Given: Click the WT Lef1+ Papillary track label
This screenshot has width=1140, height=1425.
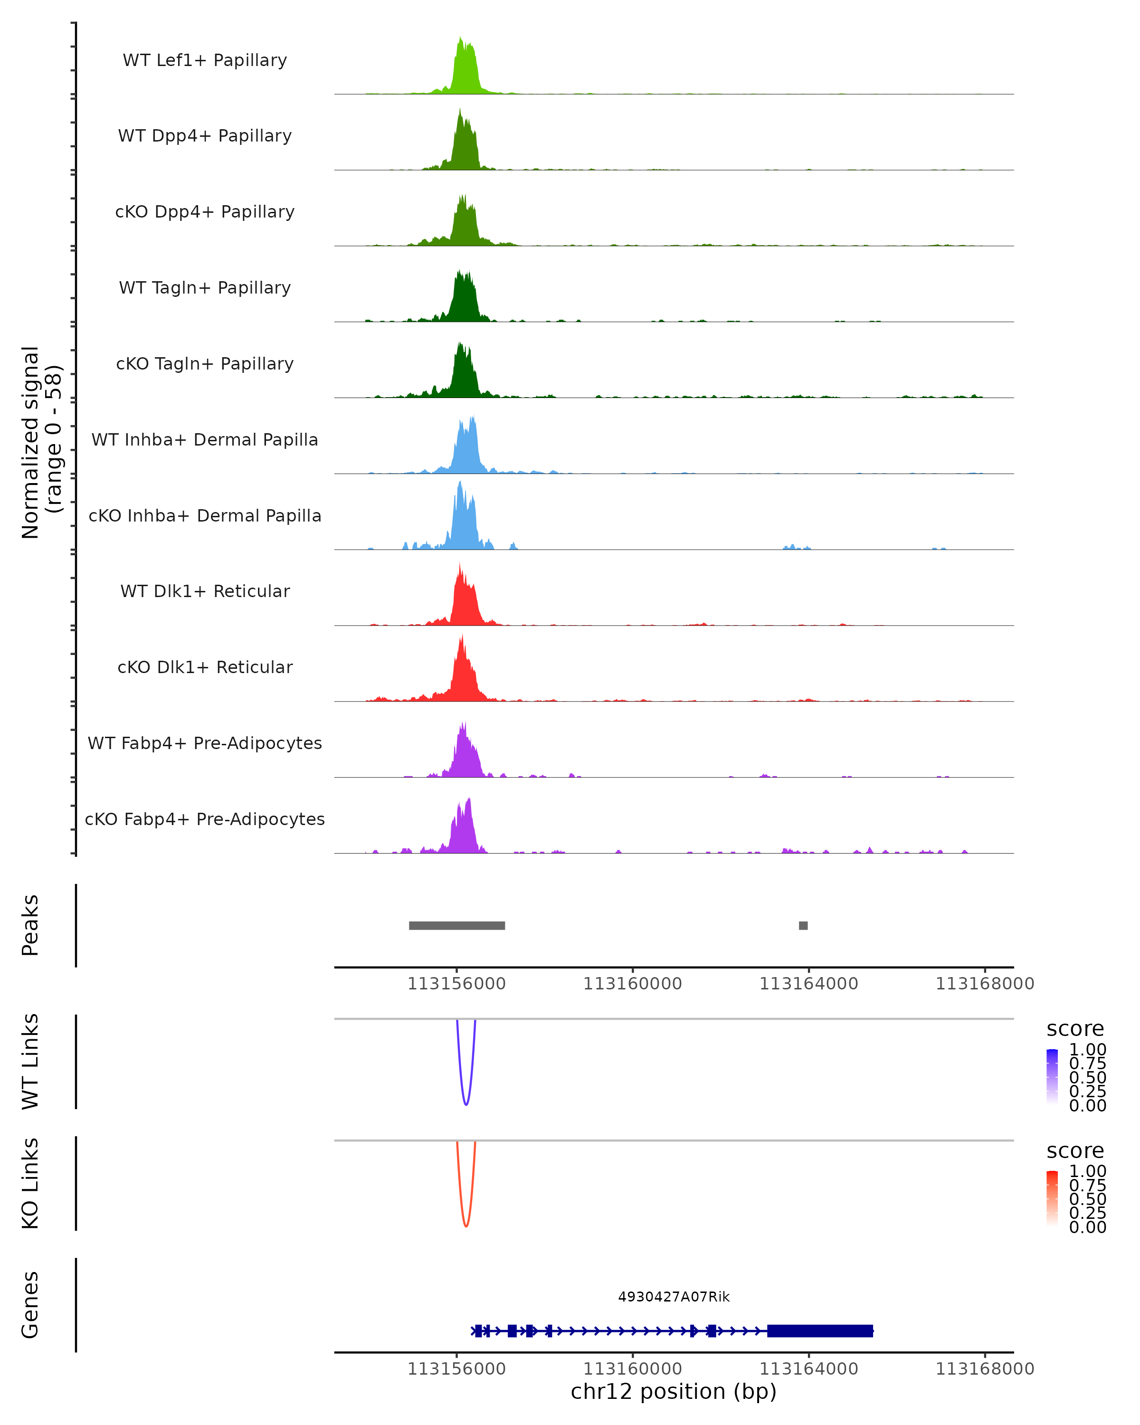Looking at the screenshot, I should pos(205,60).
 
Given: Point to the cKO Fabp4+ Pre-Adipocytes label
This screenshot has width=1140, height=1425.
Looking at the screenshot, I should pos(205,819).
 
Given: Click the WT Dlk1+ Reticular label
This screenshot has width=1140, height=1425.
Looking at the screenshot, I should pos(205,591).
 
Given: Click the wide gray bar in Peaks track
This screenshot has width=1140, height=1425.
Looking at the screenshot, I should pos(456,925).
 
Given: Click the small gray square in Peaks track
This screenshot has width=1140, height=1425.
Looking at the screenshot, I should pos(803,925).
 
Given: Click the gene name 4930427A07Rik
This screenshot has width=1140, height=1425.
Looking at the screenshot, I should pos(674,1297).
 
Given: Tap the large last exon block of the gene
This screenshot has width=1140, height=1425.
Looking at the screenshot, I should pos(819,1330).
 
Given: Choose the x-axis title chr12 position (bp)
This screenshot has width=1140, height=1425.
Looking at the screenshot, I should pos(674,1391).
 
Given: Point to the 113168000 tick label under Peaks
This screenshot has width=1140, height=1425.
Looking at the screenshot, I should pos(985,984).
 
